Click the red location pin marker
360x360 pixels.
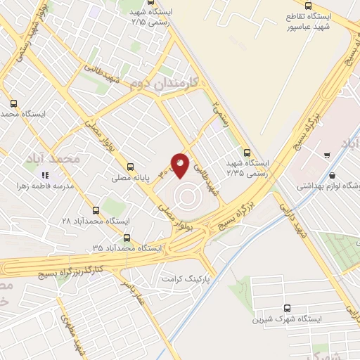[180, 165]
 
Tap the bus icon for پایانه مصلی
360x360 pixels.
[130, 167]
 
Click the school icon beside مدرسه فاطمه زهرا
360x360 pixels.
[45, 175]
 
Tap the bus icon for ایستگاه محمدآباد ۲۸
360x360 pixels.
[96, 210]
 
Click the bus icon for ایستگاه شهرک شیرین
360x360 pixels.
[286, 307]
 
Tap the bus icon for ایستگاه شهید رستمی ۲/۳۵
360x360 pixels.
[246, 151]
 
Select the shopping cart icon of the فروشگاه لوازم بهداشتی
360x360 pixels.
[328, 155]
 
